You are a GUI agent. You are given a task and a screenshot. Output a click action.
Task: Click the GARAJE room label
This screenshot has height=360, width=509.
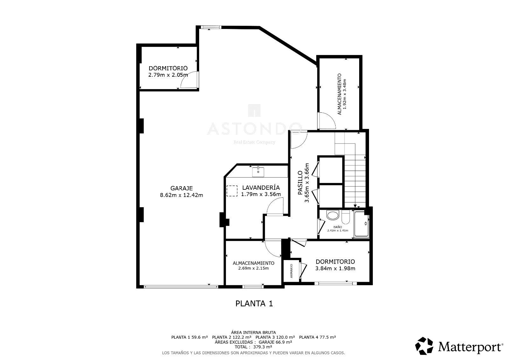(x=182, y=188)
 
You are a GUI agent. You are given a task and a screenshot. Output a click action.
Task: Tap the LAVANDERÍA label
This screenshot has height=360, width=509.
(x=261, y=187)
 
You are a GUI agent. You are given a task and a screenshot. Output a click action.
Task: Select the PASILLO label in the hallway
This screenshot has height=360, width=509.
(x=300, y=183)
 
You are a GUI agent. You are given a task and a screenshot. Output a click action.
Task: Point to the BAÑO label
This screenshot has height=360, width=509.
(x=338, y=227)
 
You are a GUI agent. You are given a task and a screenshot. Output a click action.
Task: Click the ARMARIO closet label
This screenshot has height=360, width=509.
(x=291, y=271)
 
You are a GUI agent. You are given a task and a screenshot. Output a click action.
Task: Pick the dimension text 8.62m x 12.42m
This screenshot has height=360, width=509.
(x=182, y=195)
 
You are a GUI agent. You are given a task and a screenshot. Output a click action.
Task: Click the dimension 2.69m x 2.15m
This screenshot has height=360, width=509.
(x=254, y=268)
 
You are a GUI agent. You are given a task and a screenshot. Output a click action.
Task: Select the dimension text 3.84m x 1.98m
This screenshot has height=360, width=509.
(x=335, y=269)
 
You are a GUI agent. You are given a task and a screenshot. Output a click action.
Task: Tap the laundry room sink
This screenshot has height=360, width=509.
(x=258, y=172)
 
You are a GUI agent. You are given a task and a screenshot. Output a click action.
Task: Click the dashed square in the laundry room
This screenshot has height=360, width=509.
(x=232, y=191)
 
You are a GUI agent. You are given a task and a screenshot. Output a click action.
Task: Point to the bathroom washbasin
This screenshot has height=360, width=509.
(x=333, y=215)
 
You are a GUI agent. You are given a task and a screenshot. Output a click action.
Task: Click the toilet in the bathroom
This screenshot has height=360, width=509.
(x=345, y=217)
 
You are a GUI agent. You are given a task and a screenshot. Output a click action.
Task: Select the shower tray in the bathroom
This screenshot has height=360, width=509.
(x=361, y=224)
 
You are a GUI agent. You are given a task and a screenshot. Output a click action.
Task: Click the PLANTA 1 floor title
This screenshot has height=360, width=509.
(x=254, y=304)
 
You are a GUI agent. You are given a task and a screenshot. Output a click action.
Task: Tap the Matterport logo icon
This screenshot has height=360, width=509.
(x=424, y=346)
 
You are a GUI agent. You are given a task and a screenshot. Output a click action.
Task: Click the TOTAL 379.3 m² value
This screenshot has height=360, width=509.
(x=253, y=347)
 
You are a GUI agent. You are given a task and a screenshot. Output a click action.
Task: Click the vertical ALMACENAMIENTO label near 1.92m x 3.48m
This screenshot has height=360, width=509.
(x=339, y=94)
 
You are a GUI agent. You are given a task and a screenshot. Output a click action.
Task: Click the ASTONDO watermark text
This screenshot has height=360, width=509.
(x=255, y=129)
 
